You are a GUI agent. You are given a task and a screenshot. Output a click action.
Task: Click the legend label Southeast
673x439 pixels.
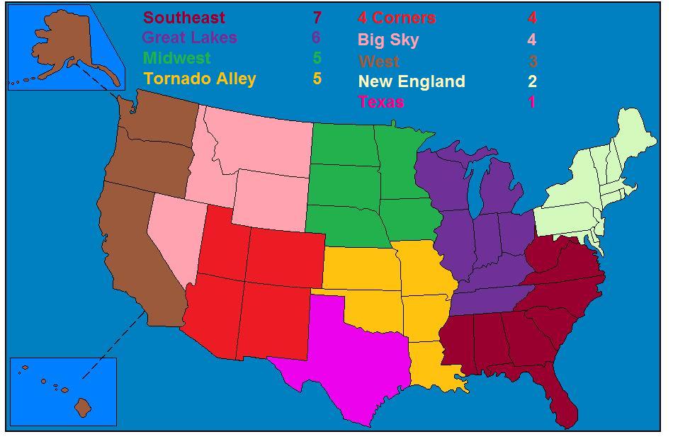(x=184, y=18)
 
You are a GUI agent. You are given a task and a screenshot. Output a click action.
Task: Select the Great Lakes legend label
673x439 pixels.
(x=189, y=38)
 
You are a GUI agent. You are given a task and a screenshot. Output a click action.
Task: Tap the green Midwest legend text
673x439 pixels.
(x=176, y=58)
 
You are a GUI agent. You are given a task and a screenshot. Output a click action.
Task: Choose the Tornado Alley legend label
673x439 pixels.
(x=199, y=79)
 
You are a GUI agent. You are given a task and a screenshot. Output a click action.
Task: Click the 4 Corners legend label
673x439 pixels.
(x=397, y=18)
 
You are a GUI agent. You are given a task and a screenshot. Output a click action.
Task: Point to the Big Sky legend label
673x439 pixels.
(x=388, y=40)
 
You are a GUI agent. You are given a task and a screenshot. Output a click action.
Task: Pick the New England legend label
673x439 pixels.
(x=412, y=81)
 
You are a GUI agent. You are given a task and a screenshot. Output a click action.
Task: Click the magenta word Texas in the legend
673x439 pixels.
(x=381, y=102)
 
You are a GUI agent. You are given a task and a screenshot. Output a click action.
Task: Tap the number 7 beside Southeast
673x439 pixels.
(x=317, y=18)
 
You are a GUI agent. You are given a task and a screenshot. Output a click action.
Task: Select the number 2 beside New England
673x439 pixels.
(x=532, y=81)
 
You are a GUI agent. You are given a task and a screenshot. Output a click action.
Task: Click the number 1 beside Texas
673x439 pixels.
(x=531, y=102)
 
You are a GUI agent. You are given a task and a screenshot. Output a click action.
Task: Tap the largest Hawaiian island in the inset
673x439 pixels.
(x=84, y=407)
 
